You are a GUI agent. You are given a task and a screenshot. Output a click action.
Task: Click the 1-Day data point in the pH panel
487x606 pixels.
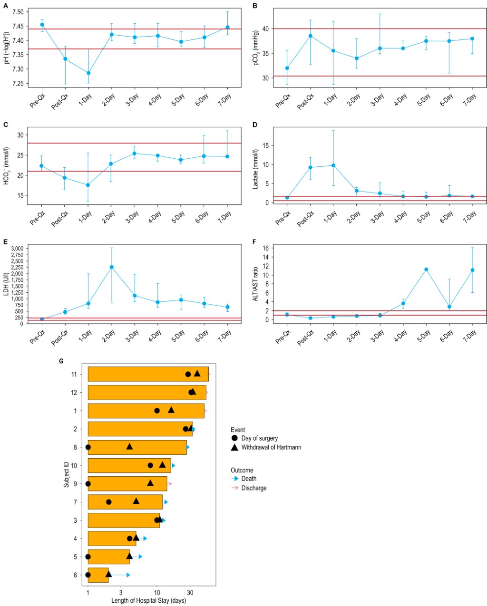tap(88, 73)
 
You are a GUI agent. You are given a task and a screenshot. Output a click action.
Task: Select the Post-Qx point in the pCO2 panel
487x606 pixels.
tap(311, 36)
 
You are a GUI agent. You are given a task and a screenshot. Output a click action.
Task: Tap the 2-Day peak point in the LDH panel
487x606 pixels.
tap(112, 267)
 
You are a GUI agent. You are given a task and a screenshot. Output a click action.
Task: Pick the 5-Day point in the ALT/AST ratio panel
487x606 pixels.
tap(426, 269)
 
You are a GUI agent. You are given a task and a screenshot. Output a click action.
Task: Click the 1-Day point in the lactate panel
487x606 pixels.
tap(333, 165)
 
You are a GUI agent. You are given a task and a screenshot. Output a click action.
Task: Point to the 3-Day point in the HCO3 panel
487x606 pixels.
tap(135, 154)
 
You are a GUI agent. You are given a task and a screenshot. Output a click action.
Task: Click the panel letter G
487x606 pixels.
tap(61, 361)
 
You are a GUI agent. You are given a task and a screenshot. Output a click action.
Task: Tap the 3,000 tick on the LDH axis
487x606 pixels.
tap(16, 249)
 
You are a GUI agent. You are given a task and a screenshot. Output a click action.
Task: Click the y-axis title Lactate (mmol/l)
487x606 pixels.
tap(255, 169)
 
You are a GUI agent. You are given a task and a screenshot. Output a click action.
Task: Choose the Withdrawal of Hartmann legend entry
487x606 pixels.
tap(271, 447)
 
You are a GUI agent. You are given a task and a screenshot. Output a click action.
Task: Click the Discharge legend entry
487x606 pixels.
tap(254, 488)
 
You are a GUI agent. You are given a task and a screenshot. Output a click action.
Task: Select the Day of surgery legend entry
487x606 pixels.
tap(259, 438)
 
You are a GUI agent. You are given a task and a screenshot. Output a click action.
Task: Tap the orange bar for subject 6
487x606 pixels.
tap(98, 575)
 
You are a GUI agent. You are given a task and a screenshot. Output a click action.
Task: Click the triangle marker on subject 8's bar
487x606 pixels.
tap(129, 446)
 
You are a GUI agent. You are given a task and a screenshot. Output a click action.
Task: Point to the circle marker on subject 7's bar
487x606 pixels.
tap(109, 502)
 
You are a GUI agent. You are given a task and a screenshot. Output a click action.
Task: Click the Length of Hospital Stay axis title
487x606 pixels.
tap(148, 601)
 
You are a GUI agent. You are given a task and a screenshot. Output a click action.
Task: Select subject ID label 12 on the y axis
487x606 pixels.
tap(74, 393)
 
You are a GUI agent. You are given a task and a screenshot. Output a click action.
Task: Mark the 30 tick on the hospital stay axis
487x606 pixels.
tap(190, 593)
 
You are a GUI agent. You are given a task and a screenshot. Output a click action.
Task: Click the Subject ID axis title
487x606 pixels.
tap(67, 474)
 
